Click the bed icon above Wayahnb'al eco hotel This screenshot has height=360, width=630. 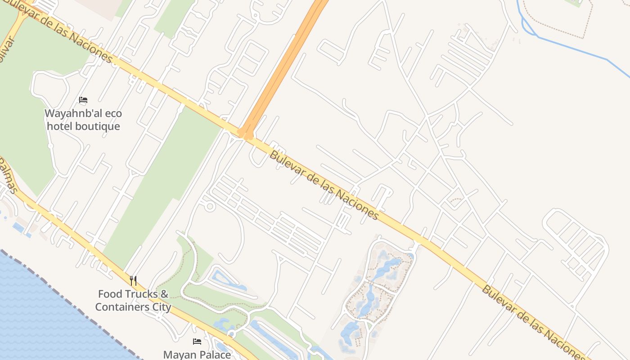83,100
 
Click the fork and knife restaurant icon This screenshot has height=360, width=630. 133,281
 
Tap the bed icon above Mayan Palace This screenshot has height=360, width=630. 197,342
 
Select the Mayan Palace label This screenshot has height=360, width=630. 197,355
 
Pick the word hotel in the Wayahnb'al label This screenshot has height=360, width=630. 59,126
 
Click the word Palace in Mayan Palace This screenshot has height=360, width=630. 214,355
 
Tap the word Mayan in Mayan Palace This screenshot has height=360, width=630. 179,355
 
